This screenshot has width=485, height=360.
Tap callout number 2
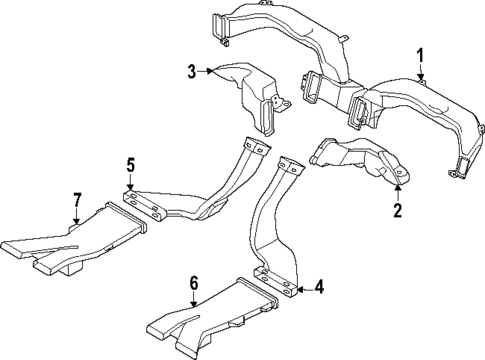pyautogui.click(x=397, y=210)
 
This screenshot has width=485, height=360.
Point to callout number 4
pyautogui.click(x=319, y=288)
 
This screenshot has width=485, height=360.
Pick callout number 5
pyautogui.click(x=130, y=163)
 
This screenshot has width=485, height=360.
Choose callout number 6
pyautogui.click(x=195, y=283)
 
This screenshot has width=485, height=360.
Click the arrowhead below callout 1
pyautogui.click(x=421, y=77)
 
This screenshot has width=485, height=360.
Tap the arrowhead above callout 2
pyautogui.click(x=397, y=187)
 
